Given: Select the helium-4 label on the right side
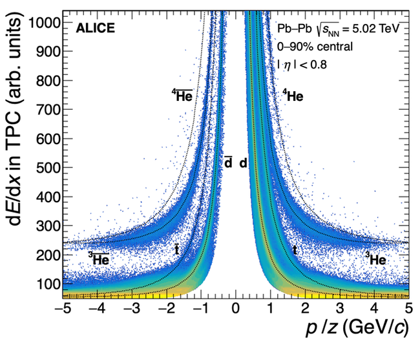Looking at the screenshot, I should tap(293, 96).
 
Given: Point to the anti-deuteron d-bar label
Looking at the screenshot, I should tap(228, 163).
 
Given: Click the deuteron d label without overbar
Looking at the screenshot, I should tap(244, 163).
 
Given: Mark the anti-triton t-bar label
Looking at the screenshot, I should tap(176, 250).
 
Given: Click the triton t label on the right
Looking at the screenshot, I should tap(295, 250).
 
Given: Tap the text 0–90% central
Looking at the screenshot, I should tap(315, 47).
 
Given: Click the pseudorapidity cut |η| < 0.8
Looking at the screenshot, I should tap(303, 64).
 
